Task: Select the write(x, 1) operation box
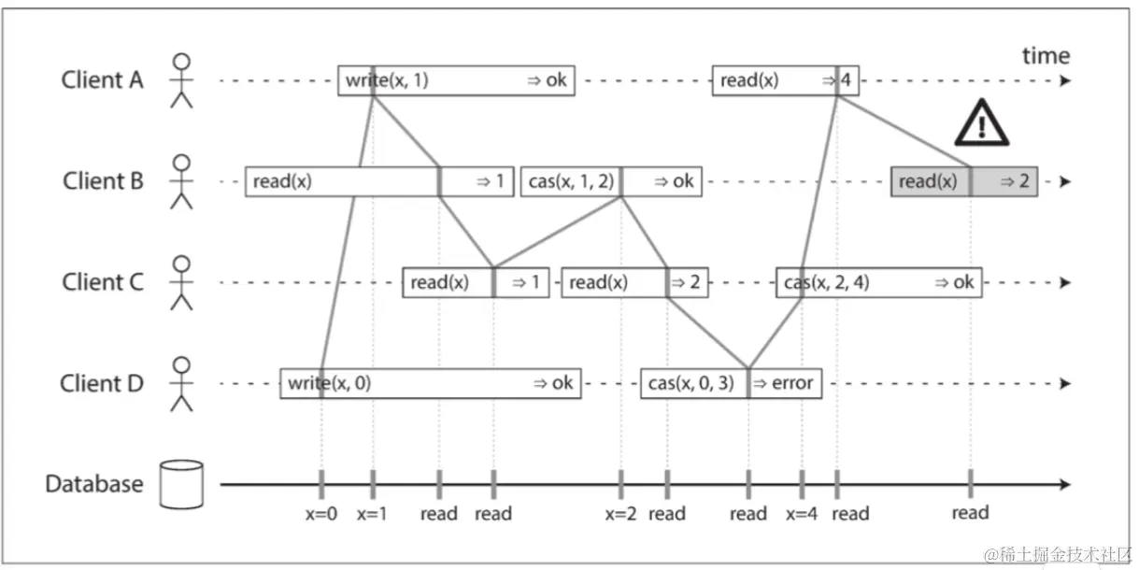tap(456, 80)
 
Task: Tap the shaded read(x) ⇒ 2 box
tap(964, 181)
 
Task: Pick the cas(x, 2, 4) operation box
tap(878, 282)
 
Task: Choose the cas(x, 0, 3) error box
tap(731, 383)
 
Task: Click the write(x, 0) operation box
tap(430, 383)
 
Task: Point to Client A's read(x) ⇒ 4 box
tap(786, 80)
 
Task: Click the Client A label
tap(103, 80)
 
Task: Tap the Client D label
tap(102, 383)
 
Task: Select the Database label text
tap(94, 484)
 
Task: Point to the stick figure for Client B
tap(182, 181)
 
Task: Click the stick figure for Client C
tap(182, 282)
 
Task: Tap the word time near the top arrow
tap(1046, 56)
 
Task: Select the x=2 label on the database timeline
tap(620, 513)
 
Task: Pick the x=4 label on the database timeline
tap(802, 513)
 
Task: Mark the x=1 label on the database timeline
tap(373, 513)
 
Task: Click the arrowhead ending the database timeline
tap(1065, 484)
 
